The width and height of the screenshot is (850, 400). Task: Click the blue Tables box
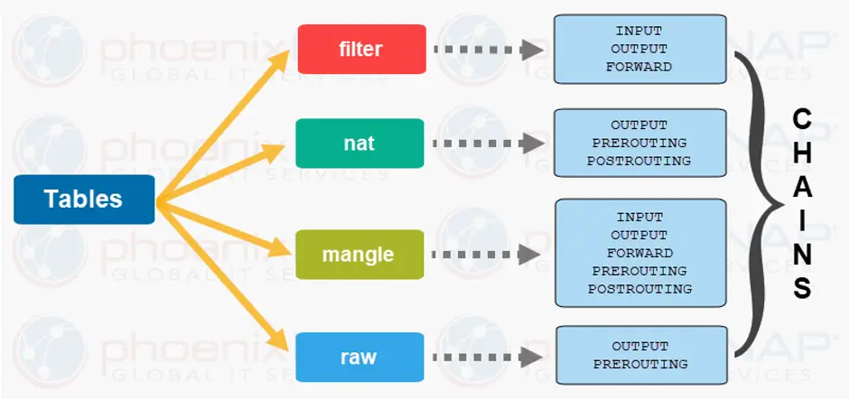84,199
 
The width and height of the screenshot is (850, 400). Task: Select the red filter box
361,49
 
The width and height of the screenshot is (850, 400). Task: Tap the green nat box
360,143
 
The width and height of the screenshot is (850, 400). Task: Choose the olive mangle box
360,255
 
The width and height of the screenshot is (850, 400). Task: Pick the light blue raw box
360,358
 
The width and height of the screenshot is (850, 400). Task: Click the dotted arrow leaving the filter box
488,50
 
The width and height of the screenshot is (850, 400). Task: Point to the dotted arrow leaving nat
488,144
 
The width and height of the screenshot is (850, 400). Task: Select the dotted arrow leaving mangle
487,255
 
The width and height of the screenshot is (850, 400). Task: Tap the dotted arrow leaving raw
488,358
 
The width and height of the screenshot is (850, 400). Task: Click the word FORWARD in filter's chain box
640,67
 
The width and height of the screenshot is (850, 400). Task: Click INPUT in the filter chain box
640,31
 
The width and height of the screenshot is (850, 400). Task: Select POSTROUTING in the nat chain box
640,161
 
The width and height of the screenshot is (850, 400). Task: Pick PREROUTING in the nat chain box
640,143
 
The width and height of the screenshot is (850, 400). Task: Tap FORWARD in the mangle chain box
640,253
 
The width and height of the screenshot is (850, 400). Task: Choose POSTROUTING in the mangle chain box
640,289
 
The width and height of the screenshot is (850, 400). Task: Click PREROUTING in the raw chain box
640,364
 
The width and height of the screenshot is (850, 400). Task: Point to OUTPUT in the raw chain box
640,346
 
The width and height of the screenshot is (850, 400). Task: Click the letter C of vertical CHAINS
802,119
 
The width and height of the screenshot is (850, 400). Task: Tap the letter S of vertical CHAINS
802,288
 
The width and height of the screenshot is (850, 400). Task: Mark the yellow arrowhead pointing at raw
277,339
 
